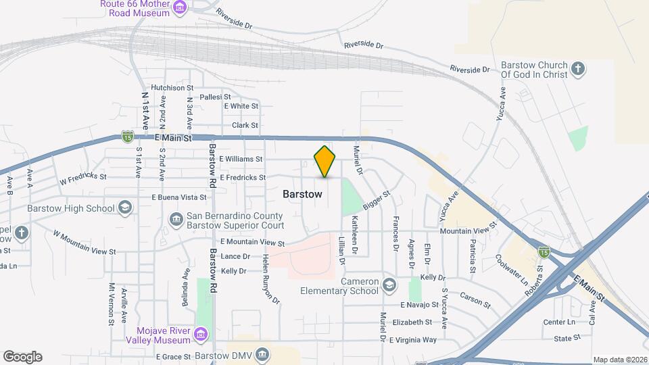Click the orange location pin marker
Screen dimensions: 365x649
(325, 162)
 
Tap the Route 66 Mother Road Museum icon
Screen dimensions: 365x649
(179, 8)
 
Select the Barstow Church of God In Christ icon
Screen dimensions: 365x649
(577, 68)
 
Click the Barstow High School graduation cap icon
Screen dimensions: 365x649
(125, 208)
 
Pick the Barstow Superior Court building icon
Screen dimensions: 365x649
(176, 220)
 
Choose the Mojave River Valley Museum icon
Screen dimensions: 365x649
(200, 334)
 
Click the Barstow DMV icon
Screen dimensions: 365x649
(263, 355)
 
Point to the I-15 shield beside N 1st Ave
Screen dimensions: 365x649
(127, 137)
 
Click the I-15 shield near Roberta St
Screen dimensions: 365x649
(544, 251)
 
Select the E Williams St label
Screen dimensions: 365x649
(241, 159)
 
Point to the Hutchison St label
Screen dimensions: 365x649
(172, 88)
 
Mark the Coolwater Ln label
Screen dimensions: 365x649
(512, 269)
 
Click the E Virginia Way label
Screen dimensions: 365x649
(413, 340)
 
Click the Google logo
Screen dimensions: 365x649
(22, 356)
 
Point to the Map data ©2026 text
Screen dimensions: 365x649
(619, 360)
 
